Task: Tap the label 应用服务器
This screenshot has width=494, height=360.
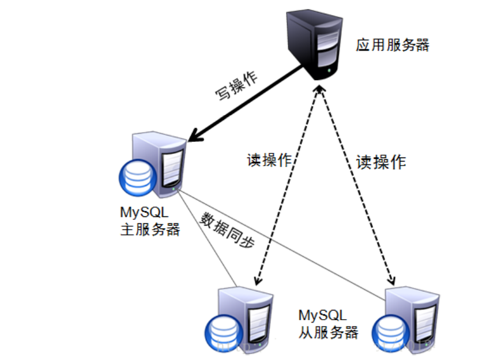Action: click(x=392, y=45)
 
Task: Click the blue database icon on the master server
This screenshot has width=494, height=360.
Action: click(x=137, y=177)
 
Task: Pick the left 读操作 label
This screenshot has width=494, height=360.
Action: click(x=269, y=160)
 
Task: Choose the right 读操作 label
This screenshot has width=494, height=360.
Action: click(x=381, y=162)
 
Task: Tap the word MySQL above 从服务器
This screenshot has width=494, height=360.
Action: click(x=323, y=316)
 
